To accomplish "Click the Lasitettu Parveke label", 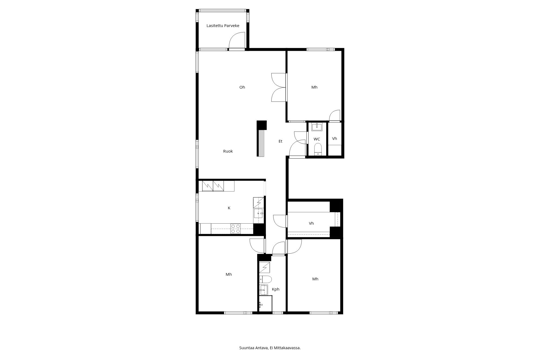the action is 223,26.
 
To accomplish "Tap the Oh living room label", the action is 242,87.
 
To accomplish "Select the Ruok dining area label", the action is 228,151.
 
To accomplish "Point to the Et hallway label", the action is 280,141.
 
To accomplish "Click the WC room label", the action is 317,139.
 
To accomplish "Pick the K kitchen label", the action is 229,208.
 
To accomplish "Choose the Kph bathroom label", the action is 275,289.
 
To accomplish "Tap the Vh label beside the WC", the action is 335,139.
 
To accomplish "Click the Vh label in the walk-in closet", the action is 311,223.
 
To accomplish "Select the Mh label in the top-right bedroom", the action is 314,87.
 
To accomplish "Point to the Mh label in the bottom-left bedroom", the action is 229,274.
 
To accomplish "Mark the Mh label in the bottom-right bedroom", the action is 315,279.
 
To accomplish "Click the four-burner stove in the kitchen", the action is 235,229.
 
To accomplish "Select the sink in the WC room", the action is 317,127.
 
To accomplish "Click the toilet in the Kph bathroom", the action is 265,279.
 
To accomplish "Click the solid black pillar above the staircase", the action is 262,125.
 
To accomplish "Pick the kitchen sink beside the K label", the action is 258,213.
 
